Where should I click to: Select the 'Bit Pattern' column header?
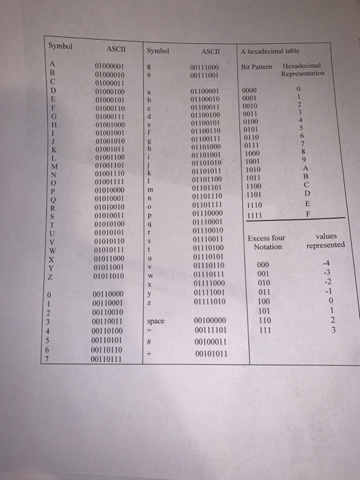coord(257,67)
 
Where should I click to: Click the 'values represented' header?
coord(326,240)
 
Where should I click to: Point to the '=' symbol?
coord(157,331)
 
